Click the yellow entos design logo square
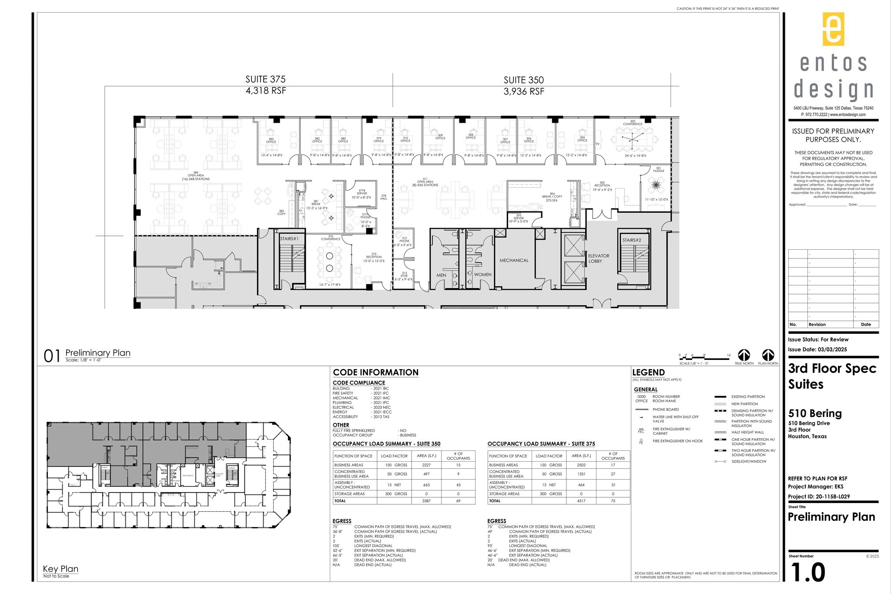pyautogui.click(x=833, y=29)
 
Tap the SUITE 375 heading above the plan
pyautogui.click(x=265, y=79)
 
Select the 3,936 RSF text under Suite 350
pyautogui.click(x=524, y=91)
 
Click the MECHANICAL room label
pyautogui.click(x=514, y=260)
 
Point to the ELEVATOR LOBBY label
pyautogui.click(x=598, y=258)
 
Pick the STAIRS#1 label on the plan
pyautogui.click(x=289, y=239)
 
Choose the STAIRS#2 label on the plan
pyautogui.click(x=632, y=240)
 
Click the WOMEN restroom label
pyautogui.click(x=482, y=275)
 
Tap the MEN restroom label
pyautogui.click(x=441, y=275)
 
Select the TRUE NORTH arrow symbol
pyautogui.click(x=744, y=355)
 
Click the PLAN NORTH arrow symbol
pyautogui.click(x=768, y=355)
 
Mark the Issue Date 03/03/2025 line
pyautogui.click(x=817, y=349)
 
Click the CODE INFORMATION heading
pyautogui.click(x=375, y=373)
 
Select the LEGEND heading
pyautogui.click(x=648, y=373)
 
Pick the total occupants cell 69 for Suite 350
pyautogui.click(x=458, y=501)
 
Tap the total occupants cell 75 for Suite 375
pyautogui.click(x=613, y=501)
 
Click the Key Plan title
pyautogui.click(x=60, y=569)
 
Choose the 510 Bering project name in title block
pyautogui.click(x=815, y=413)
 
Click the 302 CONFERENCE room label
pyautogui.click(x=633, y=123)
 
